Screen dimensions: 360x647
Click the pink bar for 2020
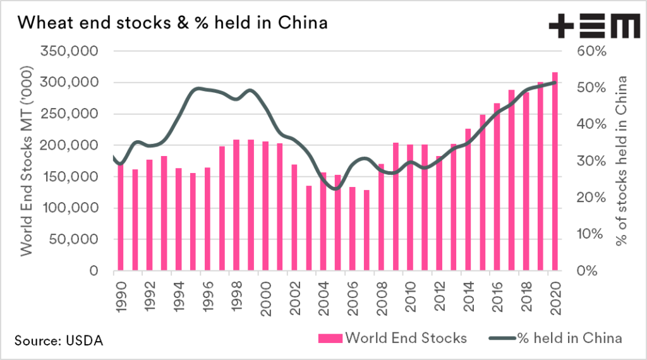click(x=555, y=172)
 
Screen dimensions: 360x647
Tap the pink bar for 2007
click(x=366, y=231)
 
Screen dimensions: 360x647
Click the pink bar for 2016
click(x=497, y=187)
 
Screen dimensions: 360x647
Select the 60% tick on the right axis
click(x=591, y=51)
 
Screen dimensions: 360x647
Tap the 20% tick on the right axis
click(x=591, y=197)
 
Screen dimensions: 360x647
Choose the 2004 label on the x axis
click(x=324, y=294)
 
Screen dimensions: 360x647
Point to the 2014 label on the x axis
click(x=468, y=294)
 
